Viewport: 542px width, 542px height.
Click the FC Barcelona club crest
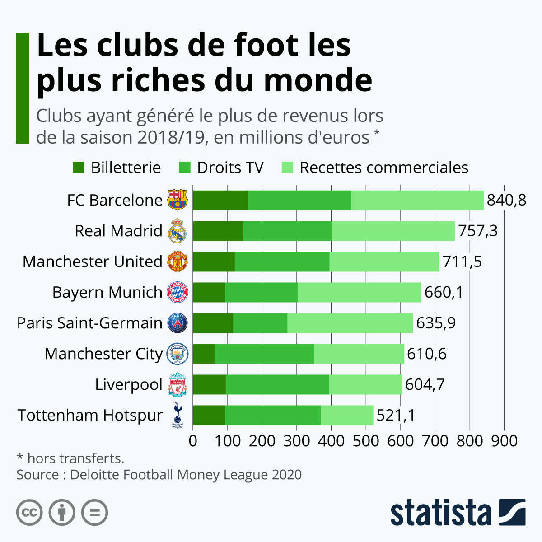click(178, 200)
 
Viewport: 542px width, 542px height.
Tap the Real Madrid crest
click(178, 231)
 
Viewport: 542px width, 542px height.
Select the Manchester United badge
click(178, 262)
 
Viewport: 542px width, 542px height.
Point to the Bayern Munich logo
click(178, 292)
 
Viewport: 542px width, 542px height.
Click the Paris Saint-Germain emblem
click(178, 323)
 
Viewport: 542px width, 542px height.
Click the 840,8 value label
click(506, 200)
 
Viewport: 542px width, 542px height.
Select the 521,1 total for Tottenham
click(396, 415)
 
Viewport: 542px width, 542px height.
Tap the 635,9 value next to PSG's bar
click(436, 323)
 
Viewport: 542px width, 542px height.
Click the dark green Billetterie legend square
click(78, 168)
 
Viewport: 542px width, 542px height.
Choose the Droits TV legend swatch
click(185, 168)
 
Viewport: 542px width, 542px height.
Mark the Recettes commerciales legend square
click(287, 168)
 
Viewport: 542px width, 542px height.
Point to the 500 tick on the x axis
click(366, 440)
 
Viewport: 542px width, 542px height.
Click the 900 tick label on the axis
click(504, 440)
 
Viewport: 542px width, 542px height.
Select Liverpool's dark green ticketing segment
click(209, 385)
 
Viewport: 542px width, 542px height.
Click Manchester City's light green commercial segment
click(359, 354)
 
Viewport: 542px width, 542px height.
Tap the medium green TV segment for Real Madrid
click(288, 231)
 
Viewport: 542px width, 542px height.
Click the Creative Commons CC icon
click(29, 513)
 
